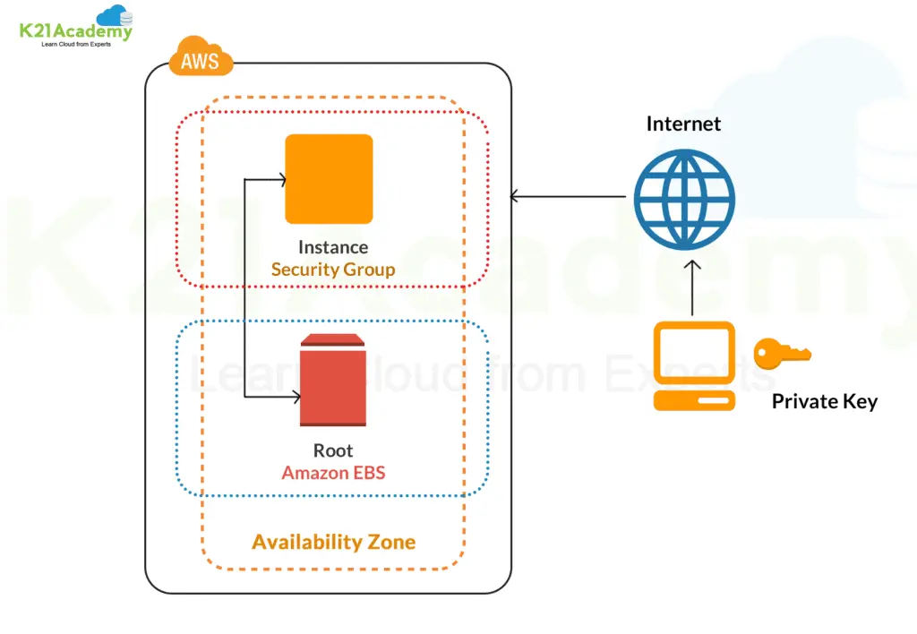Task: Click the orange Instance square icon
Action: tap(329, 178)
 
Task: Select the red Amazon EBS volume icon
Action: tap(333, 381)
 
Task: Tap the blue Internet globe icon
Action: tap(684, 199)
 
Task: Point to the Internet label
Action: tap(683, 124)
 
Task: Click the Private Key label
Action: tap(824, 401)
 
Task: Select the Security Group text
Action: tap(332, 269)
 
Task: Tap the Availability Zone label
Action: tap(333, 542)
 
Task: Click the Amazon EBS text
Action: tap(333, 472)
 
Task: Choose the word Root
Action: tap(333, 450)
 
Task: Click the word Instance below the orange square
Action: tap(332, 247)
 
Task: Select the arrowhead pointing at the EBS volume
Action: tap(295, 398)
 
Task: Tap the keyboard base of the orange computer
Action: tap(694, 400)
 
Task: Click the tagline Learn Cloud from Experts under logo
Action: tap(76, 44)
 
